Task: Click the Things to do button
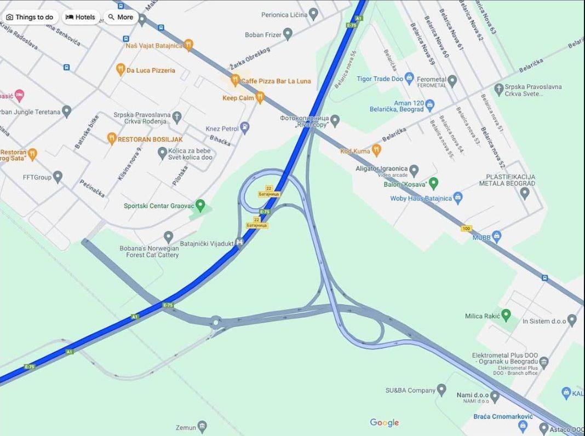click(30, 17)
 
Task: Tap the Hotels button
click(81, 17)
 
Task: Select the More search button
click(121, 17)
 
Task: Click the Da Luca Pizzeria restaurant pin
click(121, 69)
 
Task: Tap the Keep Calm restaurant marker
click(260, 98)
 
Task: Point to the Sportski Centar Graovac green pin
click(200, 206)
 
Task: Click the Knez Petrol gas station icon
click(245, 128)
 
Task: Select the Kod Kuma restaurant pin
click(376, 150)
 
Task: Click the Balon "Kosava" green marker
click(433, 183)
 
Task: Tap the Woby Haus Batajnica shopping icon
click(458, 197)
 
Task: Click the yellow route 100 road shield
click(466, 228)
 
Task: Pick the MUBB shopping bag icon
click(497, 236)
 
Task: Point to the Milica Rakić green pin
click(506, 315)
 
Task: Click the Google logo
click(384, 422)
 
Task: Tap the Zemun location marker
click(202, 426)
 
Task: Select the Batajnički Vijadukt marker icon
click(239, 242)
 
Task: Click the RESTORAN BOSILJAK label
click(150, 139)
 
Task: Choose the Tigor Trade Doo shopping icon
click(409, 78)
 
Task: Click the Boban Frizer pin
click(288, 34)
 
